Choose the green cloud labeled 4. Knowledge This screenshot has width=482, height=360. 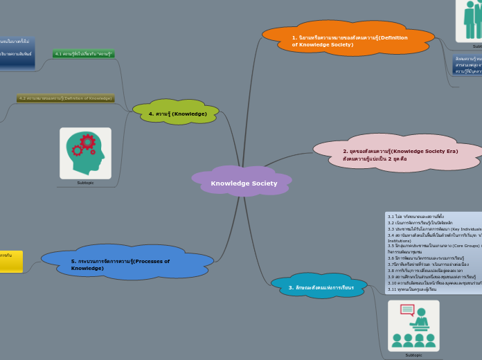coord(177,113)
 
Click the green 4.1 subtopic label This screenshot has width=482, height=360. coord(84,53)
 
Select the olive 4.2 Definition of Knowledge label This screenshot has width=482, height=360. coord(65,98)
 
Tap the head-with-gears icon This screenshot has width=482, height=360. coord(85,153)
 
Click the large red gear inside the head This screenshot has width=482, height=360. coord(87,142)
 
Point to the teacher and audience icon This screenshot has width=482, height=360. coord(413,325)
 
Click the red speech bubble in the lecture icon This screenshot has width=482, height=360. coord(407,310)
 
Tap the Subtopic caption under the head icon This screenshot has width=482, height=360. coord(85,183)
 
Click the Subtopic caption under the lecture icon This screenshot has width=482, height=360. coord(413,355)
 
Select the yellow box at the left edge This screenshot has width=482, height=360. coord(10,262)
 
